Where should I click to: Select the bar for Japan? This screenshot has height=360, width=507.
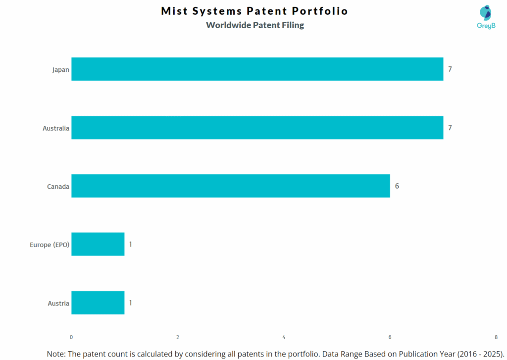point(257,69)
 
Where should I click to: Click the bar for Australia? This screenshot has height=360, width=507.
point(257,128)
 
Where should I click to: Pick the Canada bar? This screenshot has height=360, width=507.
point(230,186)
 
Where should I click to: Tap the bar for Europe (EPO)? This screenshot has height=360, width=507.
point(98,244)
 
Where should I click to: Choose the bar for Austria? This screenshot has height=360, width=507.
point(98,303)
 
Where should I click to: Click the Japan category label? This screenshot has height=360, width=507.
point(60,70)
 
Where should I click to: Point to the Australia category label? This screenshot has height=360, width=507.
point(55,128)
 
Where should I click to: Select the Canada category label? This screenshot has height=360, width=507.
point(58,187)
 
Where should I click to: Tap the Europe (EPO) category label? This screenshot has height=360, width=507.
point(49,245)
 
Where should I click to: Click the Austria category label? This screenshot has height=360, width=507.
point(58,303)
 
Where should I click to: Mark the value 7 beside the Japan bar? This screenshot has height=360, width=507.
point(450,69)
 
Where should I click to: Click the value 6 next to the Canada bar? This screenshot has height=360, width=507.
point(397,186)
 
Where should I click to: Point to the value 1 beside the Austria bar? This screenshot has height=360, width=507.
point(130,303)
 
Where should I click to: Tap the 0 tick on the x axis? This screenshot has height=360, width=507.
point(71,337)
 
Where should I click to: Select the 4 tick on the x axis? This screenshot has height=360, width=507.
point(284,337)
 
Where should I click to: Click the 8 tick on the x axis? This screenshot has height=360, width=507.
point(496,337)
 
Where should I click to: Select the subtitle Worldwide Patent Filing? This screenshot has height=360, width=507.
point(255,25)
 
